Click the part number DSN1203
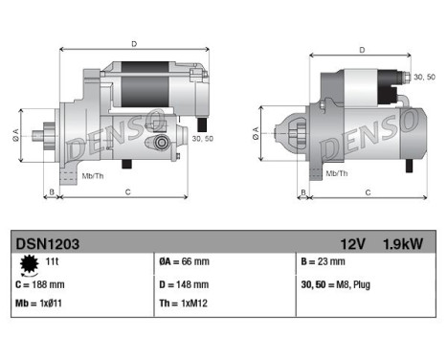tap(44, 244)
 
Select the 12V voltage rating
tap(352, 244)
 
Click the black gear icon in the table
tap(27, 263)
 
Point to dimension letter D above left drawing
tap(133, 43)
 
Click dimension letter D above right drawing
tap(362, 50)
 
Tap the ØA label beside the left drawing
tap(15, 133)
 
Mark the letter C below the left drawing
tap(127, 192)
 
